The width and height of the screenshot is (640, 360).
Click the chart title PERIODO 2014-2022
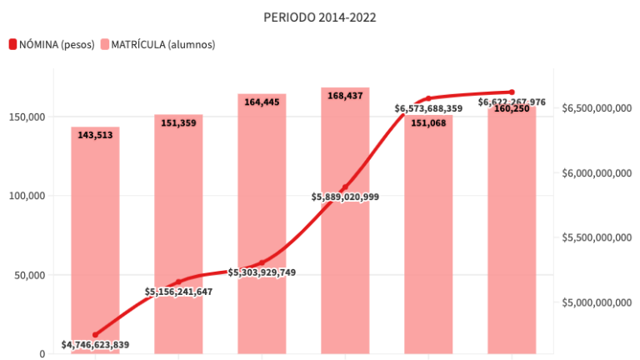point(320,17)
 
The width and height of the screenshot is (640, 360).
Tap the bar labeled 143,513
point(95,242)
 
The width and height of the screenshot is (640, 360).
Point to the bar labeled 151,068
point(428,242)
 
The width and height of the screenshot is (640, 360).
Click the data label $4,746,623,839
point(95,344)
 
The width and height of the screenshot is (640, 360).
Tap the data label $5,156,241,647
point(178,292)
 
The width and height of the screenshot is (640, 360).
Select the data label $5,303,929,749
point(262,272)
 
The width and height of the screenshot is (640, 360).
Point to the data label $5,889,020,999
point(345,197)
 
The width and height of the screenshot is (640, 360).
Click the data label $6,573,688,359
point(428,108)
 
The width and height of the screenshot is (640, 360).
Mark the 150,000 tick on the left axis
point(27,117)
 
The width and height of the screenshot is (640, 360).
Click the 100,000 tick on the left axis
point(27,196)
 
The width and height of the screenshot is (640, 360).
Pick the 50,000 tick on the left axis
point(29,275)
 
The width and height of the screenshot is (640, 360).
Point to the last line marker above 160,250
point(512,92)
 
